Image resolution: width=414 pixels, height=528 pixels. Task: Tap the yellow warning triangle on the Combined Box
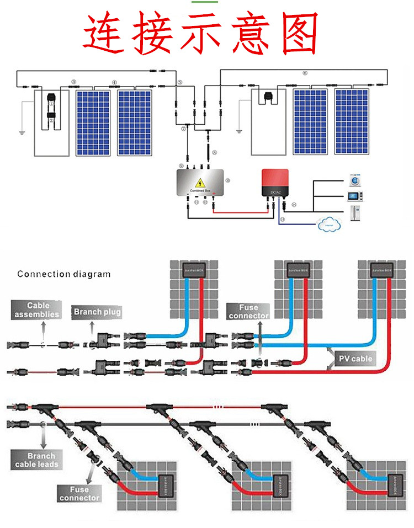(x=200, y=182)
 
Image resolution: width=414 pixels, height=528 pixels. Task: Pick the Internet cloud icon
(x=330, y=225)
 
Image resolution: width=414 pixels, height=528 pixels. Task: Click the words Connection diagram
(x=63, y=274)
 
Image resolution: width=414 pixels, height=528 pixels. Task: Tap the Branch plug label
(x=97, y=312)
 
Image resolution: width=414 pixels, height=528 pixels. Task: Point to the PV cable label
(x=355, y=359)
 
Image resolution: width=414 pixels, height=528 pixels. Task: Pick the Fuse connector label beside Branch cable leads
(x=79, y=493)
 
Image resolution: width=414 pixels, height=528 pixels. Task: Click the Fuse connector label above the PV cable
(x=248, y=312)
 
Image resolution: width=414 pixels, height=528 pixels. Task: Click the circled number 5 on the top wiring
(x=179, y=82)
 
